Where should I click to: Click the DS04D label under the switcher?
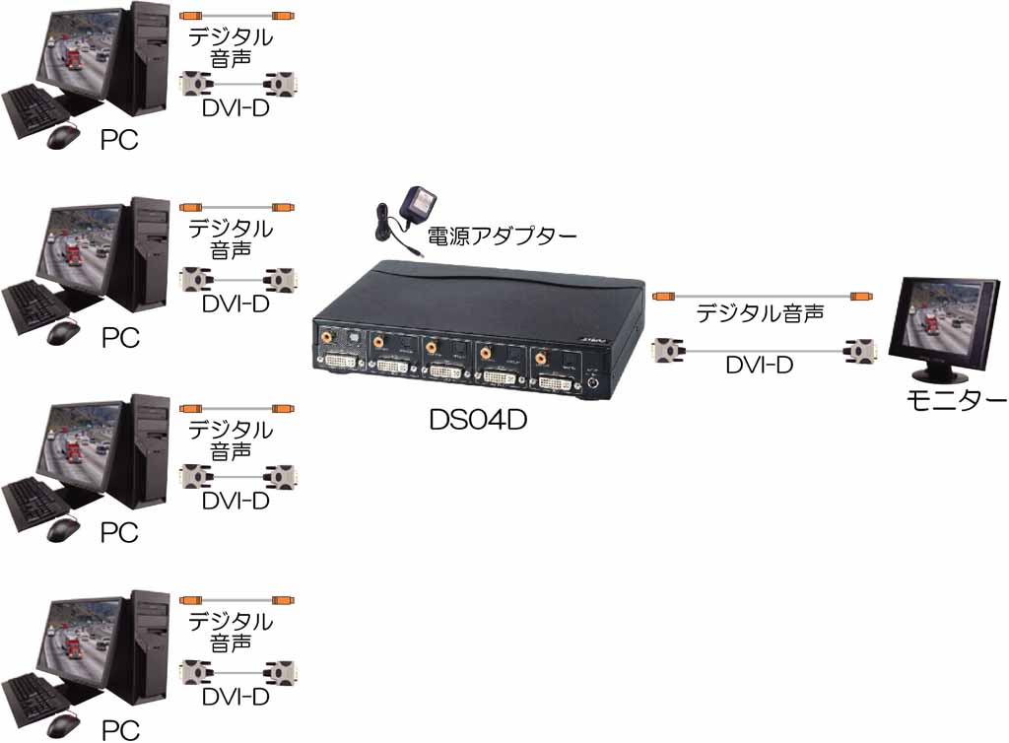(x=478, y=420)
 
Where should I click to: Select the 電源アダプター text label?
(x=502, y=236)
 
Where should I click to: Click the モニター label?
(x=956, y=401)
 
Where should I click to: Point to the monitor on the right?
(x=943, y=330)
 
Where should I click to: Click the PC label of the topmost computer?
(x=119, y=140)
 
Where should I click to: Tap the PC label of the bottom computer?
(x=120, y=730)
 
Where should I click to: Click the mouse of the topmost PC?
(x=63, y=136)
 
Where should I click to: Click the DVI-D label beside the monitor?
(x=759, y=365)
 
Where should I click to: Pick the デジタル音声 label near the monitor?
(x=760, y=313)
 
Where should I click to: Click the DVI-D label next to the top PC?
(x=235, y=108)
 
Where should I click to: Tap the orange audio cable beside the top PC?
(x=236, y=16)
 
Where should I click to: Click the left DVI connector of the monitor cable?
(x=669, y=351)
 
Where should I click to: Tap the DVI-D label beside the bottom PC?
(x=235, y=697)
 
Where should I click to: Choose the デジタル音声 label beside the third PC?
(x=231, y=440)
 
